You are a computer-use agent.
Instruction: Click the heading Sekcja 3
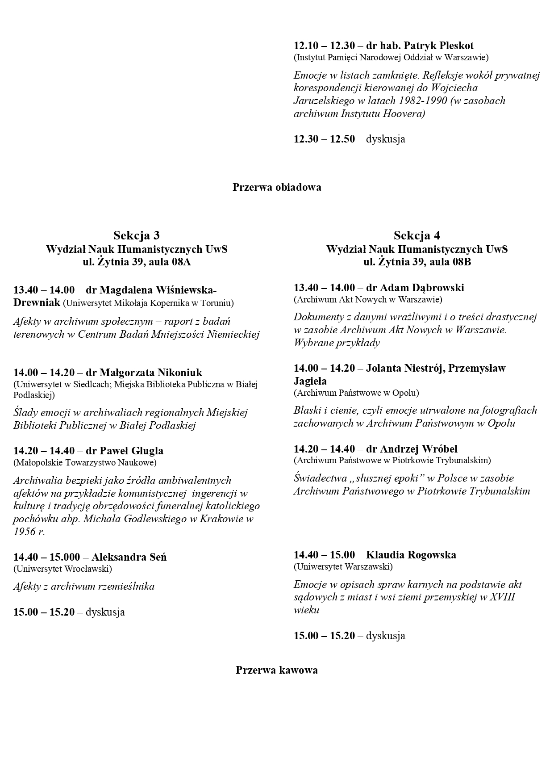point(136,235)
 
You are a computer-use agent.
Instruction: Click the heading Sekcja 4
point(417,235)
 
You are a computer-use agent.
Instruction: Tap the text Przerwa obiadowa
point(277,187)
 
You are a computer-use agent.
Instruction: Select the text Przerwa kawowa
point(277,670)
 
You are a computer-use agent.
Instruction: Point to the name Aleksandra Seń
point(129,557)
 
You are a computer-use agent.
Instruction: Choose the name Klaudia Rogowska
point(411,555)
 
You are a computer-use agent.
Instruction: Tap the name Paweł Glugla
point(131,451)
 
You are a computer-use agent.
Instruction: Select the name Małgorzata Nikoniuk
point(151,373)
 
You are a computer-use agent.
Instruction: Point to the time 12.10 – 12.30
point(324,46)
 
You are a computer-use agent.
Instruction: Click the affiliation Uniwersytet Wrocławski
point(62,569)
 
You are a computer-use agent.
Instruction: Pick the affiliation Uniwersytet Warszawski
point(343,566)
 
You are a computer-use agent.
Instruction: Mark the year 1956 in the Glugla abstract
point(24,532)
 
